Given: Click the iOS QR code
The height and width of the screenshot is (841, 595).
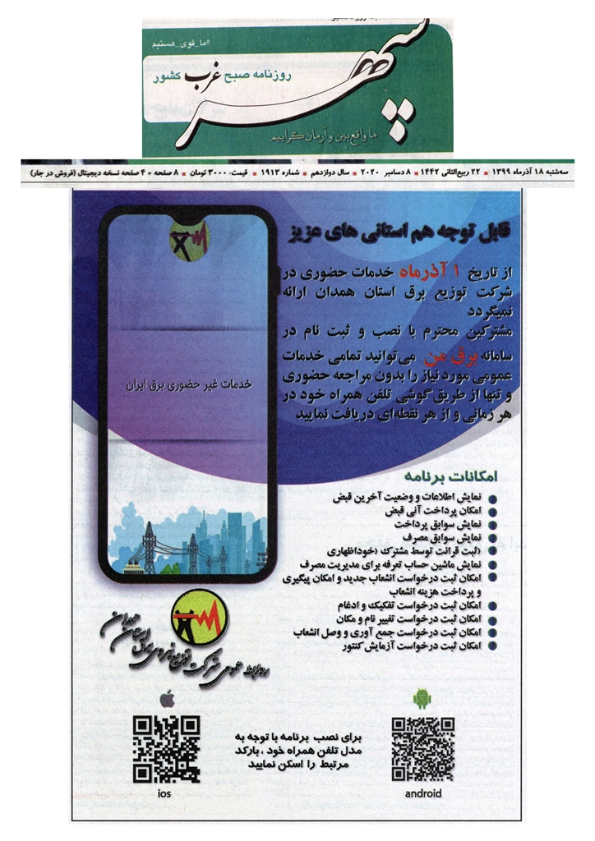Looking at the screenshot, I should click(x=167, y=747).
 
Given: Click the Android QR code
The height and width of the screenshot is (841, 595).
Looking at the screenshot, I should click(x=423, y=747).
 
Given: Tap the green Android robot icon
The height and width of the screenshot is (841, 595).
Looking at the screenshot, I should click(x=422, y=698).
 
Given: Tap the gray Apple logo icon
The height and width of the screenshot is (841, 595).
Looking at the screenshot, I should click(x=167, y=699).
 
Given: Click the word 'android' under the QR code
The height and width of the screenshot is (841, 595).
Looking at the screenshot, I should click(x=423, y=793).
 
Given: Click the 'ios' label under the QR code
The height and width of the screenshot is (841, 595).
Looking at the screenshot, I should click(x=165, y=793).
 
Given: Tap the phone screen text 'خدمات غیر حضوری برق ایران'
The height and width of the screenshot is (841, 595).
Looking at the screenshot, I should click(x=191, y=384).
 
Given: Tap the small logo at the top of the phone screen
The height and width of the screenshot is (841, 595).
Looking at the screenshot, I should click(x=189, y=238).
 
